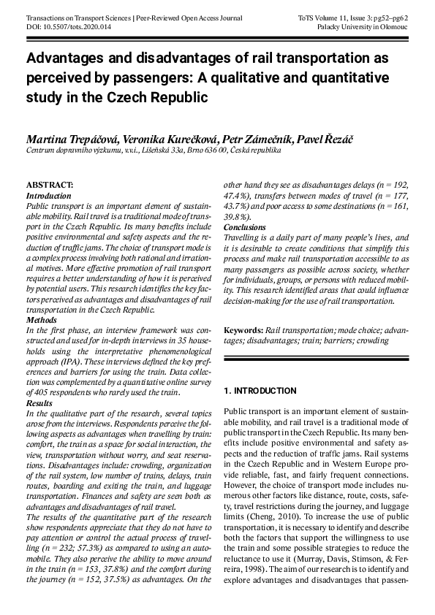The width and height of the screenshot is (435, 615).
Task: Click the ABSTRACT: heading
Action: coord(50,186)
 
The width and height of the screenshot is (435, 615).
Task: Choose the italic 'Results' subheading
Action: coord(39,402)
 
